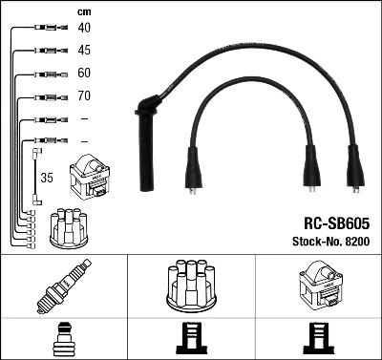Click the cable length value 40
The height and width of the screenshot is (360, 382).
(x=84, y=28)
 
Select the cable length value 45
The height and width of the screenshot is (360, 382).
(x=84, y=50)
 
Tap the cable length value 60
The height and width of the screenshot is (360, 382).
(x=84, y=74)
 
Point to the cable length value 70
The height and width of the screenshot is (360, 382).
(x=84, y=96)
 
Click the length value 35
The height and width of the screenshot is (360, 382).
(x=46, y=177)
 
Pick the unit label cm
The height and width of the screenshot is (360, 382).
(x=83, y=11)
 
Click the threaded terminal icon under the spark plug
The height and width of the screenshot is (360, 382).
(x=63, y=339)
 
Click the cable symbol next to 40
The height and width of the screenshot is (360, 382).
(x=46, y=29)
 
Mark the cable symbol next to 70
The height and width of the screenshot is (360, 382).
(x=46, y=96)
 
